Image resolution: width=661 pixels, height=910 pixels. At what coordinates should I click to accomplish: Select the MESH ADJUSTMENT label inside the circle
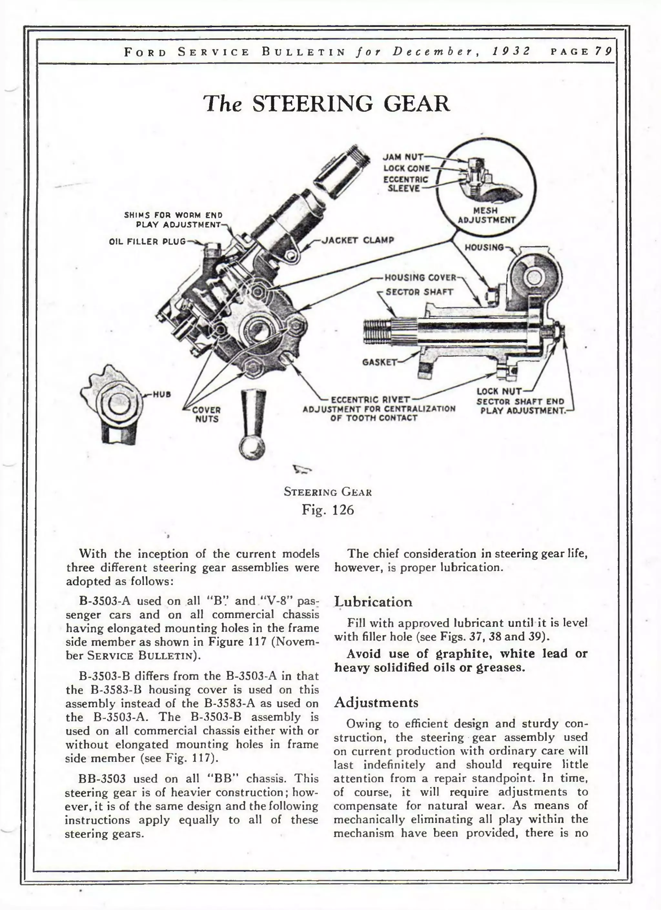coord(486,215)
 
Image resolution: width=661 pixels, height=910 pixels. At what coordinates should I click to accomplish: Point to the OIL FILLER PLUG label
coord(147,242)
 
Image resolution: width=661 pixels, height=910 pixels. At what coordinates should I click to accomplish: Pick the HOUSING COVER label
coord(420,278)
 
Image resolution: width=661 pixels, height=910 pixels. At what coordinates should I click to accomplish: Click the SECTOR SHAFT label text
coord(419,292)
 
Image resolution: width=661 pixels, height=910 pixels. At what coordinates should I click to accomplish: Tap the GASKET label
coord(379,362)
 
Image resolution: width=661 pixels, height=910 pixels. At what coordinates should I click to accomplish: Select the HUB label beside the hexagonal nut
coord(162,394)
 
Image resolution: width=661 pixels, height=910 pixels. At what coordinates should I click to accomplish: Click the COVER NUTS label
coord(206,414)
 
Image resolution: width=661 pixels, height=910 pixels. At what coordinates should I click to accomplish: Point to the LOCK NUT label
coord(499,391)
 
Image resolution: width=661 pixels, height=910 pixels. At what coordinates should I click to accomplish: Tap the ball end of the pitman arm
coord(252,448)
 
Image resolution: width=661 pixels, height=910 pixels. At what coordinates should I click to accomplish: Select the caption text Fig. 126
coord(328,510)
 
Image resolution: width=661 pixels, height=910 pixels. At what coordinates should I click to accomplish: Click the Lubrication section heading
coord(373,602)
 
